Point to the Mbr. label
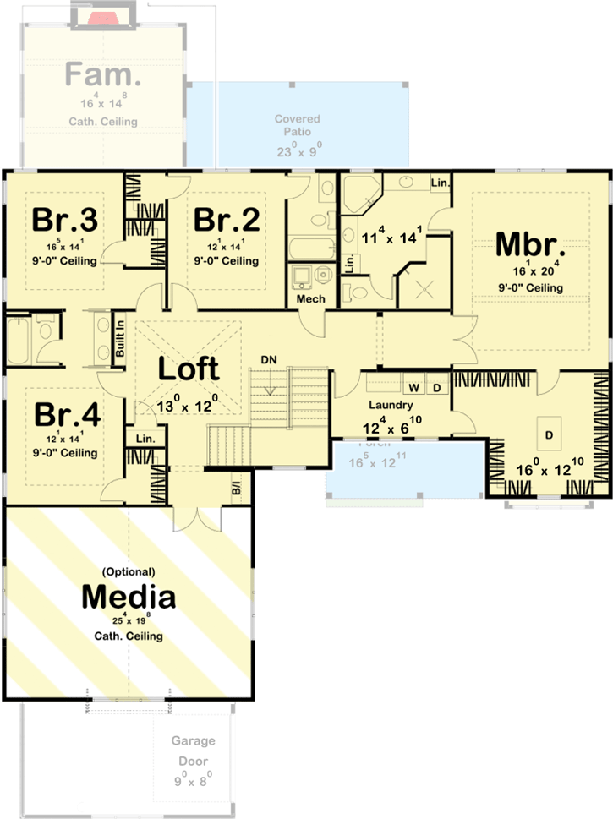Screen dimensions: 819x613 click(x=530, y=244)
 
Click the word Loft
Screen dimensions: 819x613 click(x=189, y=369)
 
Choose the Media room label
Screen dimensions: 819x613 click(x=129, y=597)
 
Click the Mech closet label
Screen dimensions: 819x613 click(x=310, y=300)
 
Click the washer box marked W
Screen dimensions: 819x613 click(x=415, y=387)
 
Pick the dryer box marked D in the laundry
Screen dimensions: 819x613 click(x=436, y=387)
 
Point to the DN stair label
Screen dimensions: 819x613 click(x=269, y=360)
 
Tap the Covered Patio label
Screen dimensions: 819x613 click(x=293, y=126)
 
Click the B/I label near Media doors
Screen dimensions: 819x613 click(x=236, y=489)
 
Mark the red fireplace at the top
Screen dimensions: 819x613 click(x=105, y=16)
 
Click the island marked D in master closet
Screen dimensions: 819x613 click(x=549, y=434)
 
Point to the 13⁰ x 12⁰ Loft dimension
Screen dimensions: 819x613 click(x=189, y=407)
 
